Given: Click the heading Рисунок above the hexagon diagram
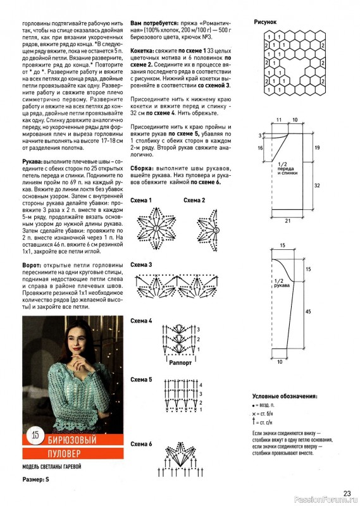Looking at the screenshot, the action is pyautogui.click(x=265, y=22).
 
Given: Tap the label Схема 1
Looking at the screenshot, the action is pyautogui.click(x=141, y=201).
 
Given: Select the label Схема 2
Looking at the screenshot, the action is pyautogui.click(x=194, y=201).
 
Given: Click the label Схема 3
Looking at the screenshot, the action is pyautogui.click(x=141, y=265).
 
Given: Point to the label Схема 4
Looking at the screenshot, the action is pyautogui.click(x=141, y=321).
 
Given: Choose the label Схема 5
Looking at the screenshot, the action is pyautogui.click(x=141, y=379).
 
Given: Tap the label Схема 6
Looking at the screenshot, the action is pyautogui.click(x=141, y=444).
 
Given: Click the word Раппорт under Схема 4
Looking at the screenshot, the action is pyautogui.click(x=180, y=362).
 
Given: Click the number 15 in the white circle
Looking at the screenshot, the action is pyautogui.click(x=35, y=435).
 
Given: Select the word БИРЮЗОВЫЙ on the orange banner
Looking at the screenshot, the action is pyautogui.click(x=72, y=440).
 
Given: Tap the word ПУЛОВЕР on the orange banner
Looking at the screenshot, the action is pyautogui.click(x=65, y=454).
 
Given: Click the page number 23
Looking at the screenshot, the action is pyautogui.click(x=347, y=493).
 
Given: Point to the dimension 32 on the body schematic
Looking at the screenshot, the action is pyautogui.click(x=317, y=185).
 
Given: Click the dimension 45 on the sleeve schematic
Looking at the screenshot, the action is pyautogui.click(x=308, y=311).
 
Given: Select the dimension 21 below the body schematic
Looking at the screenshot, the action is pyautogui.click(x=288, y=221).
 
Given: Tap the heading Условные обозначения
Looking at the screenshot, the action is pyautogui.click(x=285, y=397).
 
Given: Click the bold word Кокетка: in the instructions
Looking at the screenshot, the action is pyautogui.click(x=142, y=51).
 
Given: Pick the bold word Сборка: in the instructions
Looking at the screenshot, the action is pyautogui.click(x=142, y=168).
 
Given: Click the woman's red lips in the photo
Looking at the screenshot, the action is pyautogui.click(x=77, y=349).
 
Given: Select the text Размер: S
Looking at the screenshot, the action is pyautogui.click(x=35, y=479).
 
